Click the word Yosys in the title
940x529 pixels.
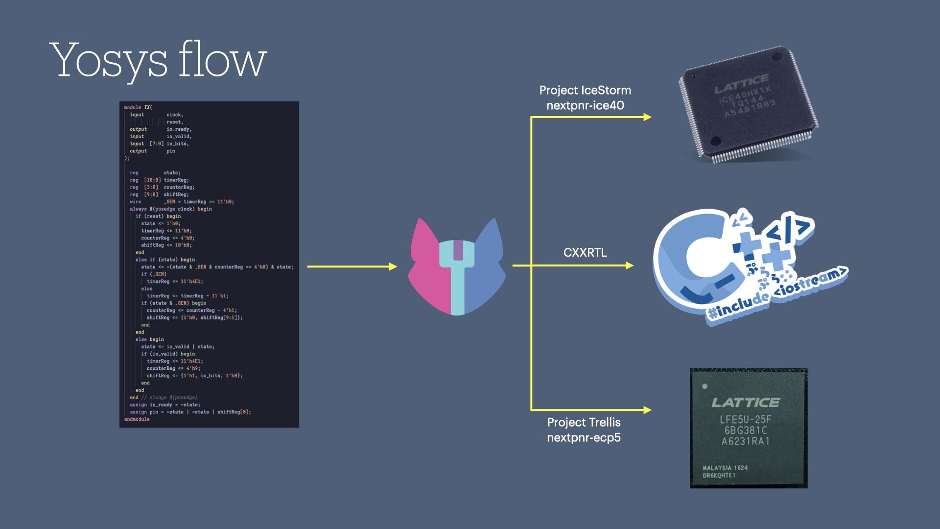click(x=108, y=61)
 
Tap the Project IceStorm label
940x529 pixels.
click(x=585, y=90)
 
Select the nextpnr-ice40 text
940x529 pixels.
click(x=585, y=105)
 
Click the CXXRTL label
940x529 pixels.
click(x=585, y=252)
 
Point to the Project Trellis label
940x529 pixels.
click(x=584, y=422)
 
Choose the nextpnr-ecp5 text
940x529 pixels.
click(x=584, y=437)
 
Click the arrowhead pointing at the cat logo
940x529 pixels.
click(x=393, y=266)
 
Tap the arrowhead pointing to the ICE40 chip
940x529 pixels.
click(x=647, y=117)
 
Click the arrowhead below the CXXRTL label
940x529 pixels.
click(x=630, y=265)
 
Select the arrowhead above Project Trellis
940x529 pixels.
click(x=647, y=410)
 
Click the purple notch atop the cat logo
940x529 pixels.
click(x=458, y=250)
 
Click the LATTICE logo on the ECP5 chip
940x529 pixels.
click(x=746, y=403)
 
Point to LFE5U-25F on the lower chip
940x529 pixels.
click(x=745, y=419)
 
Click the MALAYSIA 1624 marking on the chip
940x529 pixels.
click(x=725, y=468)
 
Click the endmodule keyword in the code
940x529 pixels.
click(x=137, y=419)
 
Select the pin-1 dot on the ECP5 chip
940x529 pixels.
click(x=705, y=386)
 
